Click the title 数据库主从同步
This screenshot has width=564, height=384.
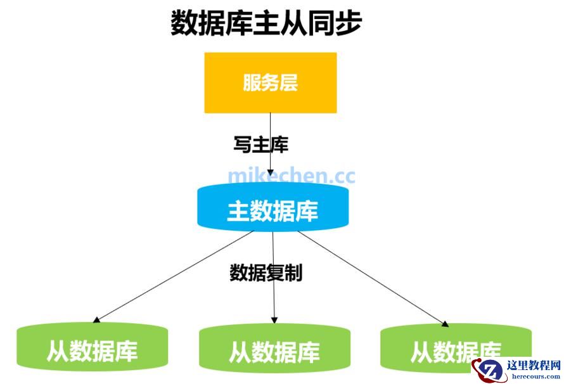pyautogui.click(x=266, y=23)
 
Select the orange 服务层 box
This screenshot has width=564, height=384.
pyautogui.click(x=270, y=82)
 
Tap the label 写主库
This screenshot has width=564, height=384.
pyautogui.click(x=261, y=145)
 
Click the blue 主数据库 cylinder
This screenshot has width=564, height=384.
pyautogui.click(x=272, y=210)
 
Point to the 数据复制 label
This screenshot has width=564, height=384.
pyautogui.click(x=266, y=272)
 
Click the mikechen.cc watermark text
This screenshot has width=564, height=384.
pyautogui.click(x=292, y=176)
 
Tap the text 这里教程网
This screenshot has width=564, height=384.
pyautogui.click(x=534, y=366)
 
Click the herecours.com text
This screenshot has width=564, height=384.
pyautogui.click(x=534, y=376)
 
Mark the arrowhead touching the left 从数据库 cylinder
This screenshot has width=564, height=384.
pyautogui.click(x=96, y=319)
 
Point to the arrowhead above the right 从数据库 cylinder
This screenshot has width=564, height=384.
pyautogui.click(x=445, y=323)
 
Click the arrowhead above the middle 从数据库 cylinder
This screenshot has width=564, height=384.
pyautogui.click(x=274, y=319)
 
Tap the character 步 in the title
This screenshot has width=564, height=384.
pyautogui.click(x=348, y=23)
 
